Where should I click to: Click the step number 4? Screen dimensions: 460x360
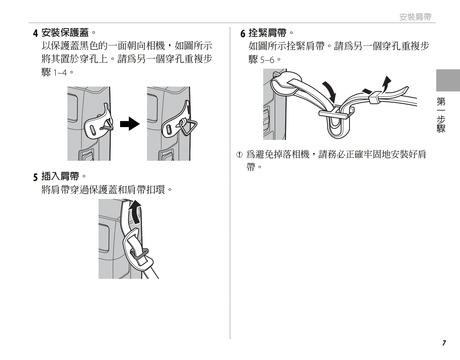[35, 33]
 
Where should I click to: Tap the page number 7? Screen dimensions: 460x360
[444, 343]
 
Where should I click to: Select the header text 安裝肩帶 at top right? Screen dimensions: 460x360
[415, 17]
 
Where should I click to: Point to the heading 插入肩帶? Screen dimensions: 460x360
[60, 176]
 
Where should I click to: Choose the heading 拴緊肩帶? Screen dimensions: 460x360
[267, 33]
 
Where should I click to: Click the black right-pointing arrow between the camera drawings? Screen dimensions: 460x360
[130, 124]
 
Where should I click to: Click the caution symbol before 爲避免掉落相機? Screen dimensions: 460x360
[239, 155]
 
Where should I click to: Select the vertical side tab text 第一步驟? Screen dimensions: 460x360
[441, 116]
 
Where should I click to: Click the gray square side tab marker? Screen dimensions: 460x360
[448, 80]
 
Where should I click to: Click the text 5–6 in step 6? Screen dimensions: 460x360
[267, 60]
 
